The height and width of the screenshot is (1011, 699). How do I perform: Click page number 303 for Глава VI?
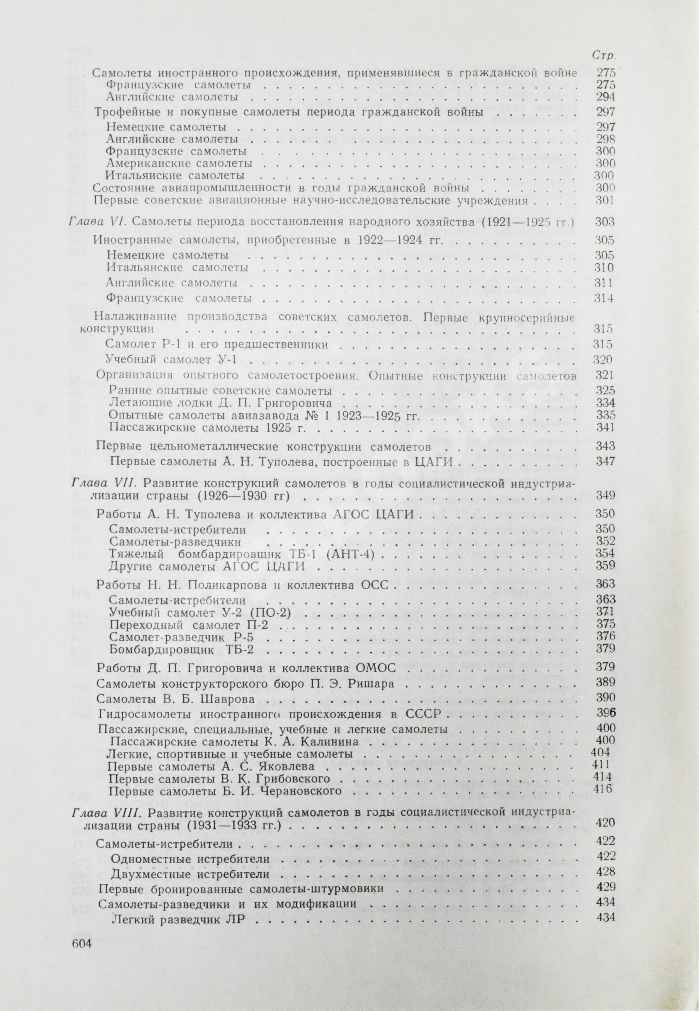[605, 222]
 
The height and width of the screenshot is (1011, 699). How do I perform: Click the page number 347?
[606, 461]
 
